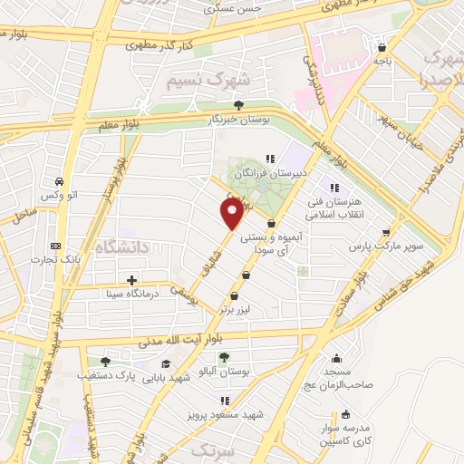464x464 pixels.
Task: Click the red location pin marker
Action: [x=232, y=214]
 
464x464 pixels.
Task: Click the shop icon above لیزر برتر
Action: [x=234, y=295]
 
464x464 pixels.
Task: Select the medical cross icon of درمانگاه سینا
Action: [x=132, y=280]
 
